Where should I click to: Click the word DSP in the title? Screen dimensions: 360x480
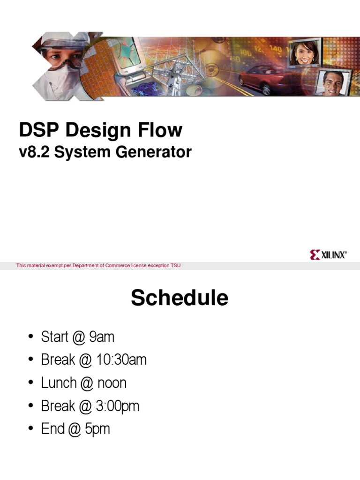(38, 130)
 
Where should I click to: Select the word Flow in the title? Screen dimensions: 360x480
(160, 130)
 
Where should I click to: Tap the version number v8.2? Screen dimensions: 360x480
(34, 152)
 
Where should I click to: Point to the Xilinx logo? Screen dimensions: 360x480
(328, 255)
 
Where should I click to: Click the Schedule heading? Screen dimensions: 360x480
(180, 298)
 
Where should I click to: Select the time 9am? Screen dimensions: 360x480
(102, 337)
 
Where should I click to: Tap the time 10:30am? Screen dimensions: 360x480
(121, 360)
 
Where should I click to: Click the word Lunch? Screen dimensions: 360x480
(59, 382)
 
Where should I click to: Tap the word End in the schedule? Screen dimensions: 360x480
(52, 428)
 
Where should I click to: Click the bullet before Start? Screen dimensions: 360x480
(30, 337)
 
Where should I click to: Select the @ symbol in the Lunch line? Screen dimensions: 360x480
(87, 383)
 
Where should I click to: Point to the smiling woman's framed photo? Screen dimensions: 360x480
(305, 52)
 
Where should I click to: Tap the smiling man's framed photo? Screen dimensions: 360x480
(333, 83)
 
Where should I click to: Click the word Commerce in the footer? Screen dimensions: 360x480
(118, 265)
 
